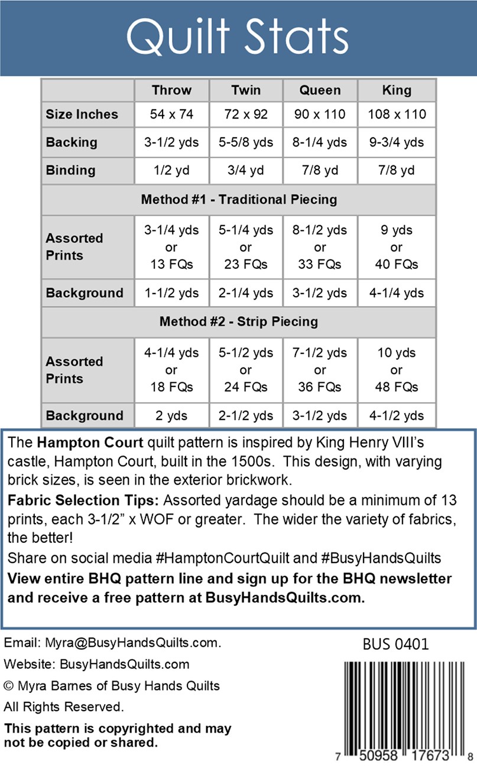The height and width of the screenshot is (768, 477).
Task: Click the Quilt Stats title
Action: (x=238, y=37)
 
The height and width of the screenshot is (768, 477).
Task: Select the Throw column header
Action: (x=171, y=90)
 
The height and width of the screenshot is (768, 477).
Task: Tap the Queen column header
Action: (x=320, y=90)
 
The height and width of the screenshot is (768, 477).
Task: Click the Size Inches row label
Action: (x=82, y=114)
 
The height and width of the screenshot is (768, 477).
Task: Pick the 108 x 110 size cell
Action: (x=396, y=114)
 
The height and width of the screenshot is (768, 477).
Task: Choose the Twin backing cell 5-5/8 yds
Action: (x=246, y=142)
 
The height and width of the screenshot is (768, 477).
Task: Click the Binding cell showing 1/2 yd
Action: (x=171, y=170)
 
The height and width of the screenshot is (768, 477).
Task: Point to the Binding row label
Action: (x=70, y=170)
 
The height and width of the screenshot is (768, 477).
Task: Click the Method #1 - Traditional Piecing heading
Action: (x=239, y=199)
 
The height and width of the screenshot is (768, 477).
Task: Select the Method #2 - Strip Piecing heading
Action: (x=239, y=322)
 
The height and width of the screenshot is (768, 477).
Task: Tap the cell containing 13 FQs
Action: (x=171, y=247)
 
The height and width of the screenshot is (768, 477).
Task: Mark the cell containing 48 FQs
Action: (x=396, y=370)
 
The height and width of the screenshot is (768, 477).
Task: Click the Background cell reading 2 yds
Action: (x=171, y=415)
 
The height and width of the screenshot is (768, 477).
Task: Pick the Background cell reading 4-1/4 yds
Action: (x=396, y=293)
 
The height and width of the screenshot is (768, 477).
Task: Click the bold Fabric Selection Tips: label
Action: (x=84, y=501)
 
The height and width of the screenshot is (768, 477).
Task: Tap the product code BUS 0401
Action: (x=395, y=643)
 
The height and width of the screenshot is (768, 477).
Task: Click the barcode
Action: (x=402, y=703)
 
